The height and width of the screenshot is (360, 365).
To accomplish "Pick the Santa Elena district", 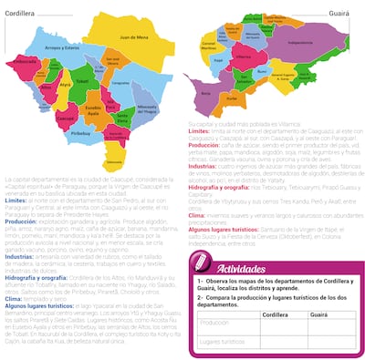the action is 122,118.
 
